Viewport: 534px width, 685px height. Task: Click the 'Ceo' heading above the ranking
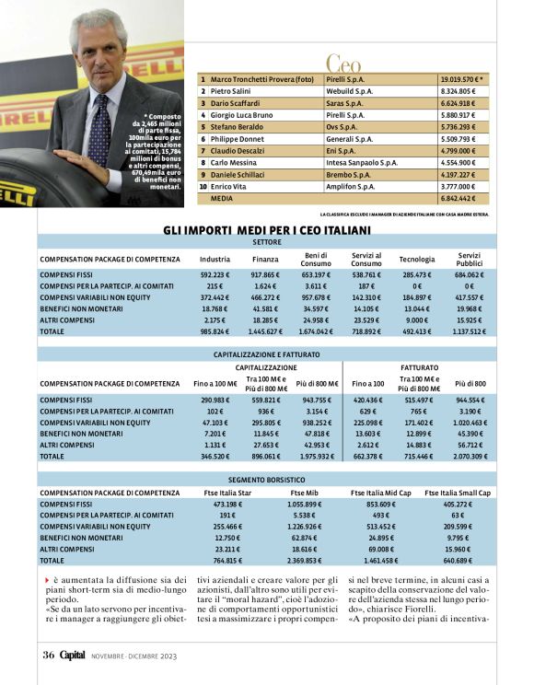[x=343, y=64]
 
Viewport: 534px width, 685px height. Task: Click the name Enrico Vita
[x=229, y=186]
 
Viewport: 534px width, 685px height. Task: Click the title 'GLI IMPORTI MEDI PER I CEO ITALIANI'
[x=267, y=229]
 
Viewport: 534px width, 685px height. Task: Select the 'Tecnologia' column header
[x=416, y=260]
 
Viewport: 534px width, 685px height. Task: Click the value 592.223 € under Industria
[x=215, y=274]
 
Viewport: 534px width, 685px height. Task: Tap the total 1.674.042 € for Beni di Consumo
[x=316, y=331]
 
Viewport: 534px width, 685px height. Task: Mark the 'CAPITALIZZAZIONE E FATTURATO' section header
[x=267, y=354]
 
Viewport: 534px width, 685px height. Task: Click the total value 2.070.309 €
[x=471, y=456]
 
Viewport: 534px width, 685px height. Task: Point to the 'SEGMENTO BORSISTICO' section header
[x=267, y=480]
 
